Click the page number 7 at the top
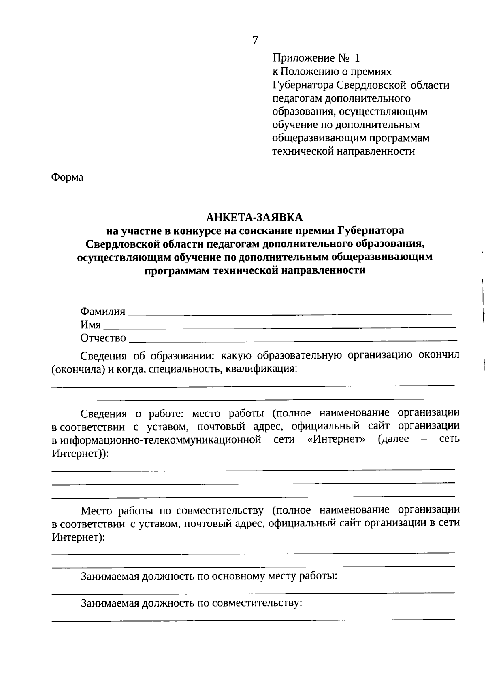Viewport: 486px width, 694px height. click(255, 40)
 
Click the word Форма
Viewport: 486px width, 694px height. click(67, 177)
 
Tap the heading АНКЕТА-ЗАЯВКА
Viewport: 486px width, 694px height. click(254, 217)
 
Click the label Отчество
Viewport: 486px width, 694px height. click(103, 337)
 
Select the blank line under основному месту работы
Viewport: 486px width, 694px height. click(253, 593)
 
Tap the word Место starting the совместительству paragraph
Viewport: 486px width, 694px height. click(97, 510)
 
